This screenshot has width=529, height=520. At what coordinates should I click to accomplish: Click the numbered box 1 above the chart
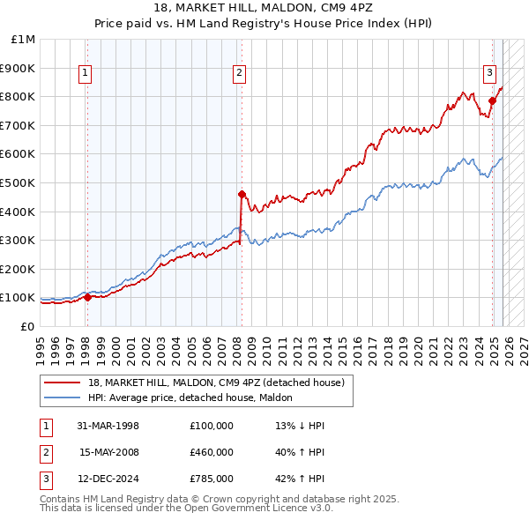tap(86, 74)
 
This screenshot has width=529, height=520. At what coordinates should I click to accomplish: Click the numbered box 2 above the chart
tap(240, 74)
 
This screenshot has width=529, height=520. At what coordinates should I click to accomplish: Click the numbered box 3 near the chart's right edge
tap(489, 74)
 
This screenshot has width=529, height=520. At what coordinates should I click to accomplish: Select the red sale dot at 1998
tap(87, 298)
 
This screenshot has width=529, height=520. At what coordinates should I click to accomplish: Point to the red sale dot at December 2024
tap(493, 100)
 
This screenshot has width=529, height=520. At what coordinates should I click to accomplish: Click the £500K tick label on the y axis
tap(18, 182)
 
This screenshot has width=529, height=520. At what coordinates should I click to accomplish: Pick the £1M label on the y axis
tap(24, 40)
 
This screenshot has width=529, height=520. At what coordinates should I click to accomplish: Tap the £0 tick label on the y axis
tap(28, 326)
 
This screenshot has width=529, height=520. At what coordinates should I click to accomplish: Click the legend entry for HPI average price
tap(196, 397)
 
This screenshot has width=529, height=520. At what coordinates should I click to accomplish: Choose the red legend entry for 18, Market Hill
tap(220, 383)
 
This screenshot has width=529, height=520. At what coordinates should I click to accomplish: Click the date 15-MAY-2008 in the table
tap(108, 452)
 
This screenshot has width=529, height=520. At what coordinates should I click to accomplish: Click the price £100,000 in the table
tap(211, 426)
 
